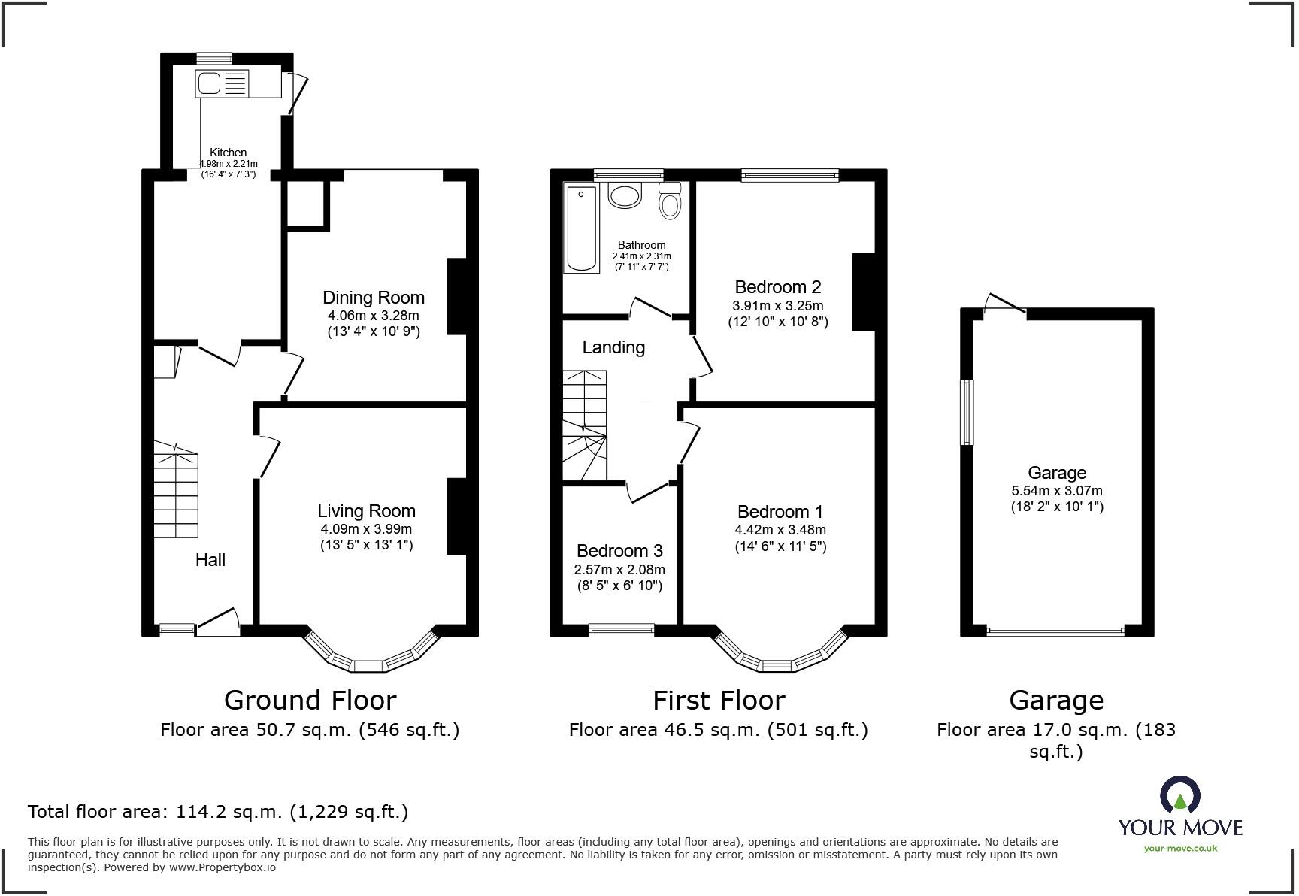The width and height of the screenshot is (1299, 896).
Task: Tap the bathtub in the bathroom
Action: click(581, 229)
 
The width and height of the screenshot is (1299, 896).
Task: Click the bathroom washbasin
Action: click(624, 195)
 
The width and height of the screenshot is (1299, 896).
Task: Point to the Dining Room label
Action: click(374, 298)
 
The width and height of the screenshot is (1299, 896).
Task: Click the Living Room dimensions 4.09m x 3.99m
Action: click(366, 529)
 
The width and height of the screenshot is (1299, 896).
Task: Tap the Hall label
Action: click(210, 560)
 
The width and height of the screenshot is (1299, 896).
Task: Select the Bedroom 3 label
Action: click(619, 551)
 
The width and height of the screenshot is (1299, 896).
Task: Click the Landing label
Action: click(613, 347)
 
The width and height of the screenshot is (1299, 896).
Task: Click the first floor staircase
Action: click(585, 425)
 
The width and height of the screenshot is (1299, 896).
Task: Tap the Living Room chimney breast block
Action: click(457, 516)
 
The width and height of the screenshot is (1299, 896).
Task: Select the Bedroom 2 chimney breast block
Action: click(864, 292)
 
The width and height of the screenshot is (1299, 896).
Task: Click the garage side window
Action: click(967, 412)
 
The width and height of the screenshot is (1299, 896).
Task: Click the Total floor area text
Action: click(218, 812)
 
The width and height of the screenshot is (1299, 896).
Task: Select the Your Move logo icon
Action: click(1179, 795)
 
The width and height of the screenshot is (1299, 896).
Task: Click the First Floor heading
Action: click(719, 701)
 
